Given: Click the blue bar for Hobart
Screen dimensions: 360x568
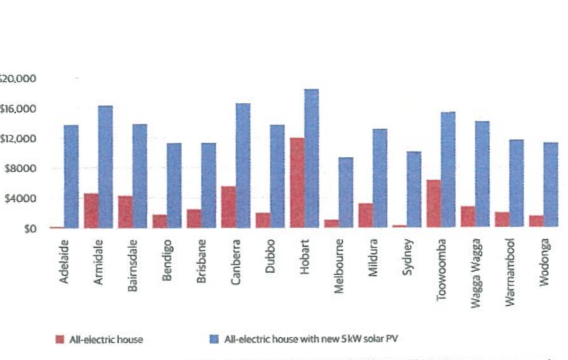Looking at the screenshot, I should tap(311, 158).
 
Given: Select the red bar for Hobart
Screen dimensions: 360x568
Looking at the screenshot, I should tap(297, 183).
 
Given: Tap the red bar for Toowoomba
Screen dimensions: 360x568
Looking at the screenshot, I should tap(434, 204).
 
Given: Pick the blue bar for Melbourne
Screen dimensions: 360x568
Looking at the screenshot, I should tap(346, 192).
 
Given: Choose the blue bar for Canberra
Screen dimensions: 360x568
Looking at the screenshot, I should tap(243, 165).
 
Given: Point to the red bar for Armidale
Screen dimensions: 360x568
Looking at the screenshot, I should tap(91, 210).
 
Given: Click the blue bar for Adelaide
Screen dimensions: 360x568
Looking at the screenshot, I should tap(71, 176).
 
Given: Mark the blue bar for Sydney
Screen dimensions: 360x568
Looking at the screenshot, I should tap(414, 189).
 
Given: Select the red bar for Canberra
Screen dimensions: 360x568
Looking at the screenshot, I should tap(228, 207).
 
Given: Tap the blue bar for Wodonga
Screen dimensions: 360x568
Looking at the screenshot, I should tap(550, 185).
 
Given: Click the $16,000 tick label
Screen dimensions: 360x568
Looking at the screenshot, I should tap(18, 109).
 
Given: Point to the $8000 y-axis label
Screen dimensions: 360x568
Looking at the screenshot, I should tap(21, 169).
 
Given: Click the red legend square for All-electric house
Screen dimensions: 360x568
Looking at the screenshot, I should tap(60, 339).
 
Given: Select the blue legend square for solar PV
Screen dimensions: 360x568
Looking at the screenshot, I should tap(214, 339).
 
